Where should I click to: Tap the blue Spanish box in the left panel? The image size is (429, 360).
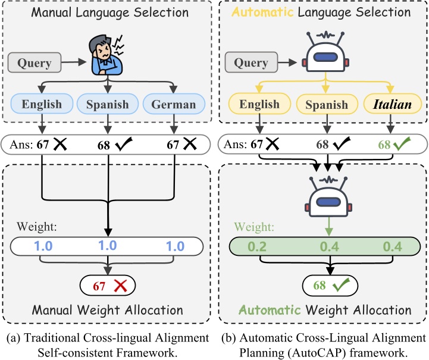(x=108, y=105)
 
